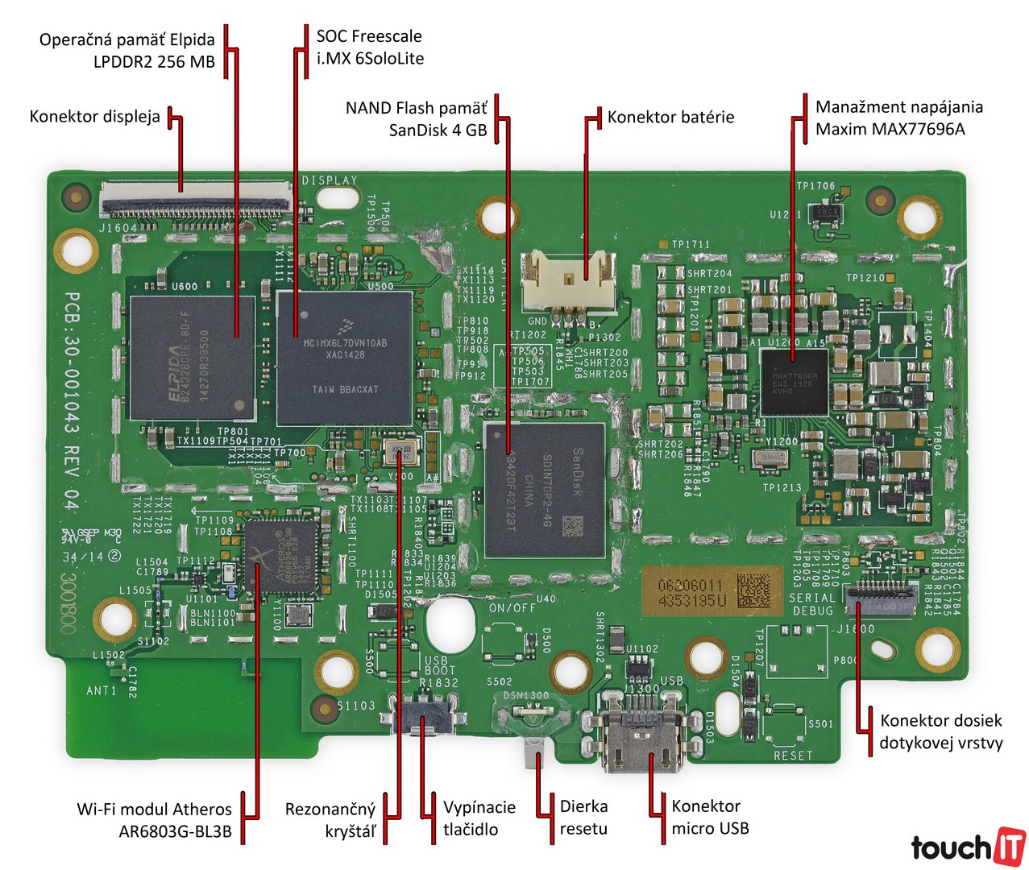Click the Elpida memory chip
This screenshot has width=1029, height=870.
[192, 358]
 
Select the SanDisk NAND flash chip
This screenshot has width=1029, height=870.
[545, 490]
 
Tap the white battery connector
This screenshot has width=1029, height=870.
[567, 282]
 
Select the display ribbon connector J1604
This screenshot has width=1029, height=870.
[195, 200]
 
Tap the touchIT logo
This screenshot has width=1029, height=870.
[968, 846]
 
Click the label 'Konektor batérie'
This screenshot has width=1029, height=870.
[670, 118]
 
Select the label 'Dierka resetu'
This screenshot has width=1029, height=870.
[583, 818]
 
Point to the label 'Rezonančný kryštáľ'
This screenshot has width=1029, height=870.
[330, 820]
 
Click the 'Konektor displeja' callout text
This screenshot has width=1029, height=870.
[94, 117]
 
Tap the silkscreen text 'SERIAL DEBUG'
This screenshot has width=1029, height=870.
[811, 604]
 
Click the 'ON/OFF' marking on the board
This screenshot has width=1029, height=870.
[512, 608]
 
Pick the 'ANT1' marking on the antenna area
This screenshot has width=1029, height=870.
[102, 690]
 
